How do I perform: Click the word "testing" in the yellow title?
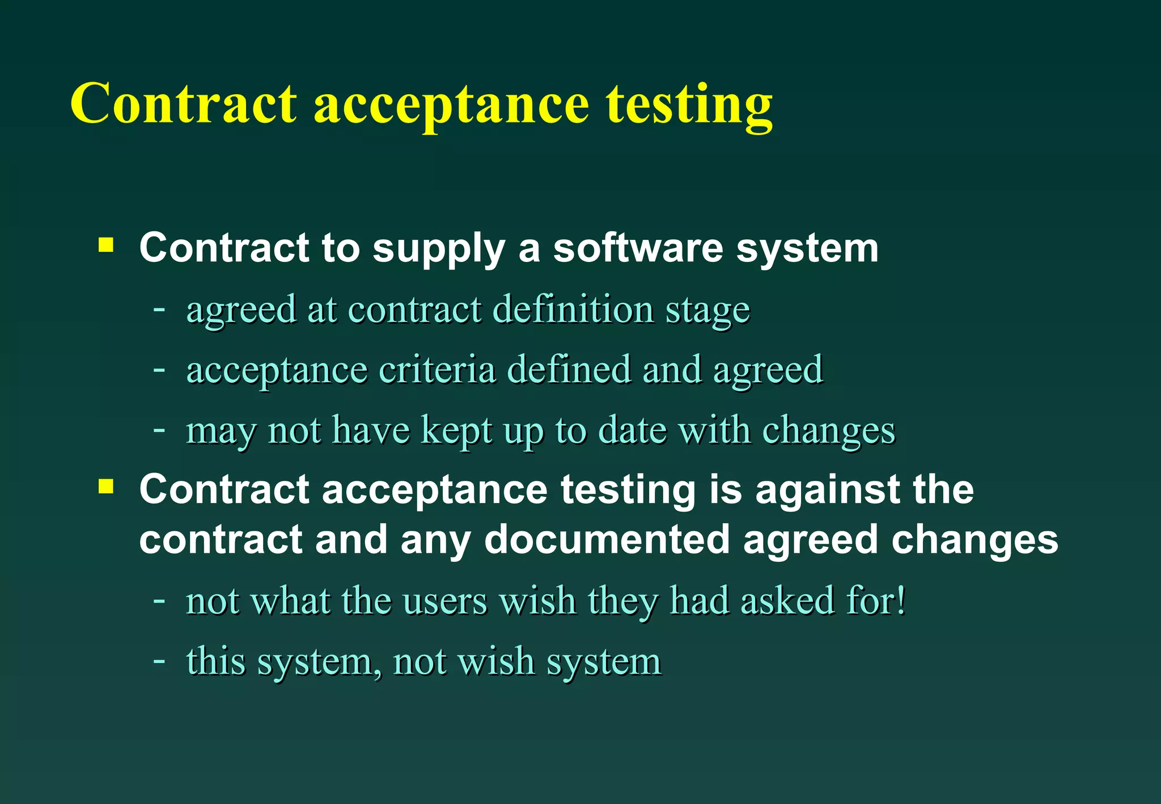[689, 105]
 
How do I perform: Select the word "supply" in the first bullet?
[438, 249]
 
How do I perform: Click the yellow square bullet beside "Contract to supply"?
[106, 246]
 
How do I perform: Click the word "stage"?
[707, 311]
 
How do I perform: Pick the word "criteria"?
[437, 370]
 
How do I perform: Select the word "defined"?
[569, 369]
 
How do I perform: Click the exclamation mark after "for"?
[901, 600]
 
